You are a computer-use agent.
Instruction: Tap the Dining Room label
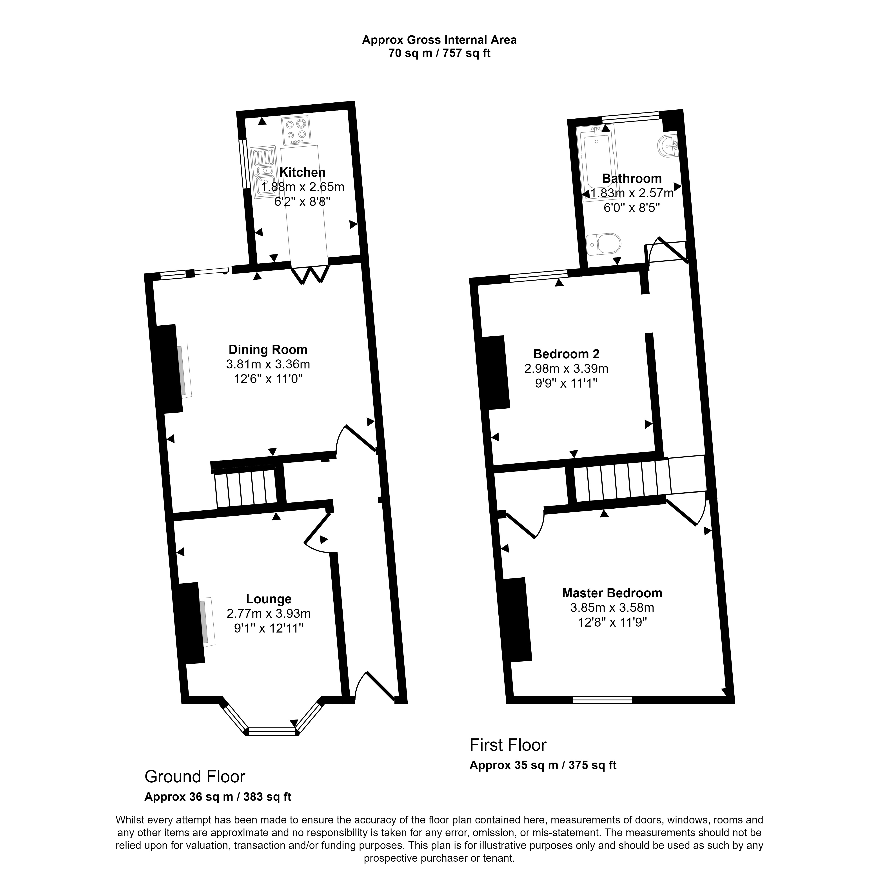[268, 350]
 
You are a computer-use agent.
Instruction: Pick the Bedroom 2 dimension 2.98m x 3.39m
[566, 368]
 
